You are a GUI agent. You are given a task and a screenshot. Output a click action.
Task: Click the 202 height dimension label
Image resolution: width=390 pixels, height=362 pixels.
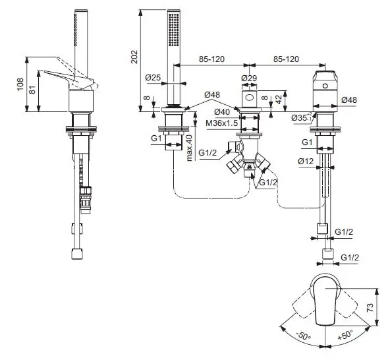pos(134,57)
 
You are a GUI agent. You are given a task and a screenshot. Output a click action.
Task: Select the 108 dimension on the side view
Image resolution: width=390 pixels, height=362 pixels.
pos(20,84)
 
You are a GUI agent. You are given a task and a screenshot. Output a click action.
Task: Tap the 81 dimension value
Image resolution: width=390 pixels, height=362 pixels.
pos(32,90)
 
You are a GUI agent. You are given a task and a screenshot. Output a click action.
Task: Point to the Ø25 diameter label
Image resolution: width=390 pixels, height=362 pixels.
pos(153,78)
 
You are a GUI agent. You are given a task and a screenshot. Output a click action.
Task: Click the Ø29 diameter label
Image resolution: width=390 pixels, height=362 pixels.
pos(249,78)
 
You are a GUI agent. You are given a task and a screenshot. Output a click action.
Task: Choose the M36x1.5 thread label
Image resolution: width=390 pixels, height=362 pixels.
pos(222,123)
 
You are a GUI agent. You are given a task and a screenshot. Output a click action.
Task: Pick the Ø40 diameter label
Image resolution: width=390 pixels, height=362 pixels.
pos(222,112)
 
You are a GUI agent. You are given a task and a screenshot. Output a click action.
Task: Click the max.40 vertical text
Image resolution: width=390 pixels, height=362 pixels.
pos(189,148)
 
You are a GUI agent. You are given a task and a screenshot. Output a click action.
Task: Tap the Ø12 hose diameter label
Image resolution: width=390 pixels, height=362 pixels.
pos(306,162)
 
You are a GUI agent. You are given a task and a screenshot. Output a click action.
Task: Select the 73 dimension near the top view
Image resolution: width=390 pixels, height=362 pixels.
pos(370,307)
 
